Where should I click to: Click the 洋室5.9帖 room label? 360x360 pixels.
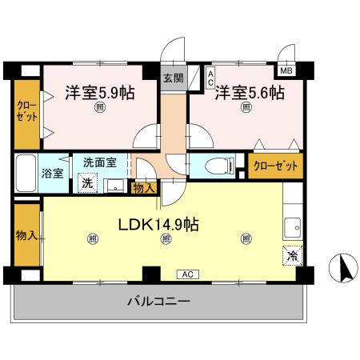pyautogui.click(x=99, y=92)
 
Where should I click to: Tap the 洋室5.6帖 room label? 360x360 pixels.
pyautogui.click(x=249, y=92)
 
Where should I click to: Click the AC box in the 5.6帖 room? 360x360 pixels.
pyautogui.click(x=210, y=78)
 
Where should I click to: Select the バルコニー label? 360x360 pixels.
pyautogui.click(x=158, y=302)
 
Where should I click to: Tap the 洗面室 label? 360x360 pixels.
pyautogui.click(x=99, y=162)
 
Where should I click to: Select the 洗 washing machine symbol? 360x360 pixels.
pyautogui.click(x=86, y=181)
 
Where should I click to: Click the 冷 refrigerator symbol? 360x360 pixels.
pyautogui.click(x=292, y=257)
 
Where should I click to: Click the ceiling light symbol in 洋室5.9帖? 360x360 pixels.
pyautogui.click(x=99, y=107)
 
